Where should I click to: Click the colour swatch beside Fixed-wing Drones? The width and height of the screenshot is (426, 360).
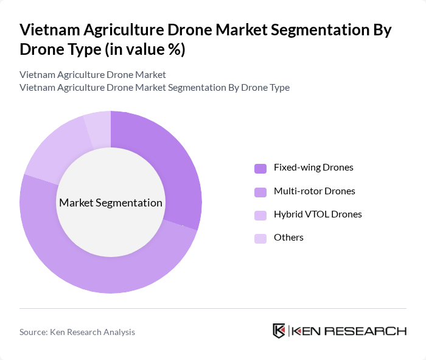(x=260, y=168)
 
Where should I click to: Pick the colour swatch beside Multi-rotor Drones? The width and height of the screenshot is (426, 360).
(x=260, y=192)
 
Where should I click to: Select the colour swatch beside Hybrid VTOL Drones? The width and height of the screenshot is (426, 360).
(x=260, y=215)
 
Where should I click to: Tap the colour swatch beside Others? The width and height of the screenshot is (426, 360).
(x=260, y=238)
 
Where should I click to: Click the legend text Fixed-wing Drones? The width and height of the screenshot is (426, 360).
(x=313, y=168)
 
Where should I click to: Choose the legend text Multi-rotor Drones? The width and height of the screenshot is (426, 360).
(x=315, y=191)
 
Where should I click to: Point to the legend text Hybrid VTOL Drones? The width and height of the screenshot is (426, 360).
(x=318, y=214)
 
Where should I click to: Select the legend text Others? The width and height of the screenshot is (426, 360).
(x=288, y=238)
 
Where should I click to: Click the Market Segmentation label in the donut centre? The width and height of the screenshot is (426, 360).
(x=111, y=203)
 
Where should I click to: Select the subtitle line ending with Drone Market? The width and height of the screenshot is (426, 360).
(x=93, y=75)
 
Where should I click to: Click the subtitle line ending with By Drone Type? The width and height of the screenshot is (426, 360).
(x=154, y=88)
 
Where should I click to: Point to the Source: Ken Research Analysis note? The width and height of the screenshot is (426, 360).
(x=77, y=332)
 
